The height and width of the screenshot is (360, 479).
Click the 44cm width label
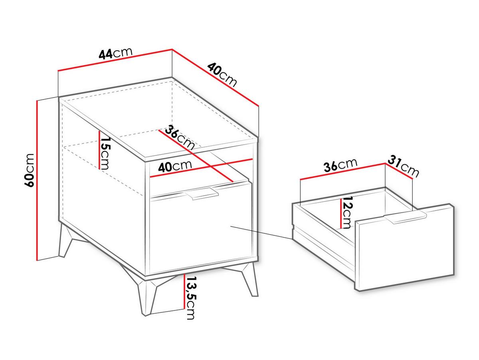(x=116, y=53)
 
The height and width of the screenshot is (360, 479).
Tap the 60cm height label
(x=29, y=170)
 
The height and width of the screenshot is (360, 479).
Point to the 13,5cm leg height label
(x=190, y=298)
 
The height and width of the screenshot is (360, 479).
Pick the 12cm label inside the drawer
(x=347, y=212)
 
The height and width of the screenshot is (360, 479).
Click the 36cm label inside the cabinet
(x=179, y=137)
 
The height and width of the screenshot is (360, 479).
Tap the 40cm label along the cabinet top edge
(x=222, y=75)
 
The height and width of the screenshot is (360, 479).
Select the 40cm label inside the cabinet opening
(x=175, y=167)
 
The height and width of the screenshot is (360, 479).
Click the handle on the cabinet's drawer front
(x=202, y=193)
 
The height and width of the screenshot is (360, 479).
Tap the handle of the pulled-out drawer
(x=405, y=218)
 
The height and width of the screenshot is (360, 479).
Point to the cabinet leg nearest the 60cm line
(x=65, y=240)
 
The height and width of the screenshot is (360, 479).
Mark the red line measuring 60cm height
(x=37, y=180)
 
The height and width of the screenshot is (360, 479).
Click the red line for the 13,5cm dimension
(x=184, y=291)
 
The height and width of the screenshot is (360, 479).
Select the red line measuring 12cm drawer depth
(x=340, y=213)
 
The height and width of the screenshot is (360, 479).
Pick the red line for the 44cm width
(x=115, y=60)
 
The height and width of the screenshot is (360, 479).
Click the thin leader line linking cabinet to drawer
(x=261, y=233)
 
